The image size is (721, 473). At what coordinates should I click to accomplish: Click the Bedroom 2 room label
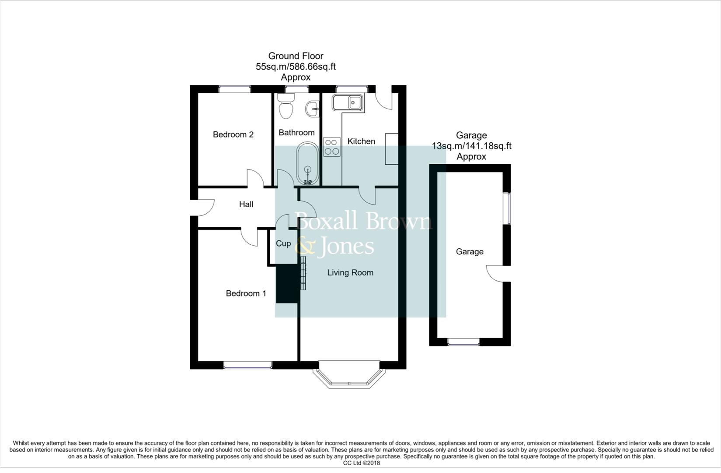(233, 134)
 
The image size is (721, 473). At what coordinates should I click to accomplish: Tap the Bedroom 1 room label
(246, 293)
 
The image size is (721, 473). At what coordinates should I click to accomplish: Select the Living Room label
(350, 272)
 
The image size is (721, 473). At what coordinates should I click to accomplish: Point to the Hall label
(246, 204)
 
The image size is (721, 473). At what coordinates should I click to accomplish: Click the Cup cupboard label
(283, 244)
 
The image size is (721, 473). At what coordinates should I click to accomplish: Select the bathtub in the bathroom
(308, 164)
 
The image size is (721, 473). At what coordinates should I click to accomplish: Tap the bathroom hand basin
(313, 109)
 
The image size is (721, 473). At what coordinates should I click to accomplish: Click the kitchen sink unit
(348, 103)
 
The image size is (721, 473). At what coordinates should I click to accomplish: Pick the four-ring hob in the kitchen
(332, 147)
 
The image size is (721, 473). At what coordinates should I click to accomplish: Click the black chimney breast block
(287, 283)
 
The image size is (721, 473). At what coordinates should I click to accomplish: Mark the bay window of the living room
(350, 378)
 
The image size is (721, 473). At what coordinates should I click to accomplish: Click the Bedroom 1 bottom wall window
(247, 364)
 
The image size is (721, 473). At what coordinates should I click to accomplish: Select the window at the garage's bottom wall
(463, 342)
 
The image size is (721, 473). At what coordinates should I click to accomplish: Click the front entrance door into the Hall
(203, 208)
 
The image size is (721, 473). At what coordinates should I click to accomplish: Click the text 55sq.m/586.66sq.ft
(296, 67)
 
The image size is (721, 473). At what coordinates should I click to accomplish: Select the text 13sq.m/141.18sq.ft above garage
(471, 146)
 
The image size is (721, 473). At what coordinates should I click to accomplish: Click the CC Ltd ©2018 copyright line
(361, 463)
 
